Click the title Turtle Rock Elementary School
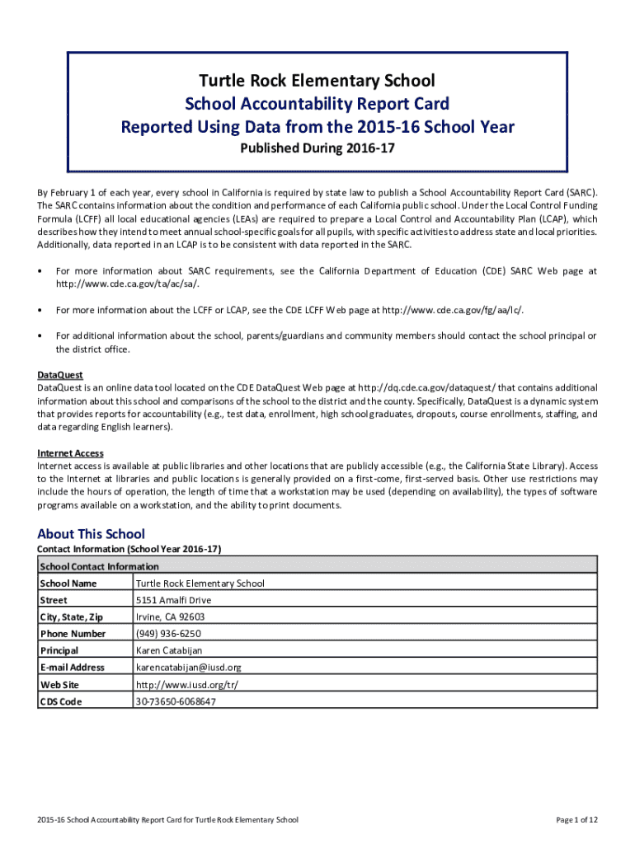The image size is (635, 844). (x=317, y=80)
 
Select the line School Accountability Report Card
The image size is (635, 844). (x=317, y=103)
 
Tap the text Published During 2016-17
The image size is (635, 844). (x=317, y=149)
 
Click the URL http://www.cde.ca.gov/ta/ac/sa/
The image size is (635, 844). (x=127, y=284)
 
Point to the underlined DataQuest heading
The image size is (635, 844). (x=60, y=375)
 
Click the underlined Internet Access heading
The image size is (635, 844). (x=70, y=453)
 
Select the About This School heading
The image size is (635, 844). (x=91, y=534)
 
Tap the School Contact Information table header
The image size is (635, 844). (x=99, y=566)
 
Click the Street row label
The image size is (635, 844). (x=54, y=600)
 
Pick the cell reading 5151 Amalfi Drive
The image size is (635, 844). (x=173, y=600)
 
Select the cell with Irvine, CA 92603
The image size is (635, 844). (x=170, y=617)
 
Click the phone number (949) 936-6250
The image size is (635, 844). (x=168, y=634)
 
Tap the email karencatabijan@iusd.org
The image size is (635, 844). (x=188, y=668)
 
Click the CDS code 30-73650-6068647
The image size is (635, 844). (x=176, y=701)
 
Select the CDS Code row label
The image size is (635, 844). (x=61, y=701)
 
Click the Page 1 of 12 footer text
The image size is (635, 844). (x=576, y=820)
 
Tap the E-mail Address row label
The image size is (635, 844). (x=72, y=668)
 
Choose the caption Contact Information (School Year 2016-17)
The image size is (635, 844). (x=129, y=549)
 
